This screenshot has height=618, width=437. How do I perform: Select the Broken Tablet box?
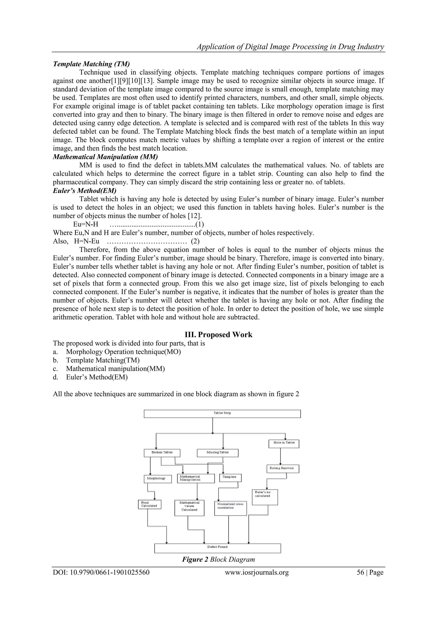tap(162, 453)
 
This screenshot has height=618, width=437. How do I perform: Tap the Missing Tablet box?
tap(217, 453)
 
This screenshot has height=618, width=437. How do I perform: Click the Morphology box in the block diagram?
tap(158, 479)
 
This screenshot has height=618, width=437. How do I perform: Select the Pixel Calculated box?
tap(149, 504)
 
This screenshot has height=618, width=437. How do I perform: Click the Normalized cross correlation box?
tap(230, 508)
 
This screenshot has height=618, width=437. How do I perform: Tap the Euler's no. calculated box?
tap(265, 497)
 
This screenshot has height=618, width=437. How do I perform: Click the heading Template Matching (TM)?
tap(91, 64)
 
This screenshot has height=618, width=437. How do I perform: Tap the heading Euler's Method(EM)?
tap(84, 191)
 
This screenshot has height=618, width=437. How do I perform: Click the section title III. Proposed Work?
tap(218, 335)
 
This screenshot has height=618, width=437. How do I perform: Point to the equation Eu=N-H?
tap(86, 224)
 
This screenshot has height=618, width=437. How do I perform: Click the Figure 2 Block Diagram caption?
tap(218, 560)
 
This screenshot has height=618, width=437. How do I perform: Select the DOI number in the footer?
tap(101, 572)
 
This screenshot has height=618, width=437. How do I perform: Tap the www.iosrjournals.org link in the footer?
tap(256, 572)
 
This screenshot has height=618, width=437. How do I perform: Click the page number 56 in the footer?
tap(360, 572)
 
